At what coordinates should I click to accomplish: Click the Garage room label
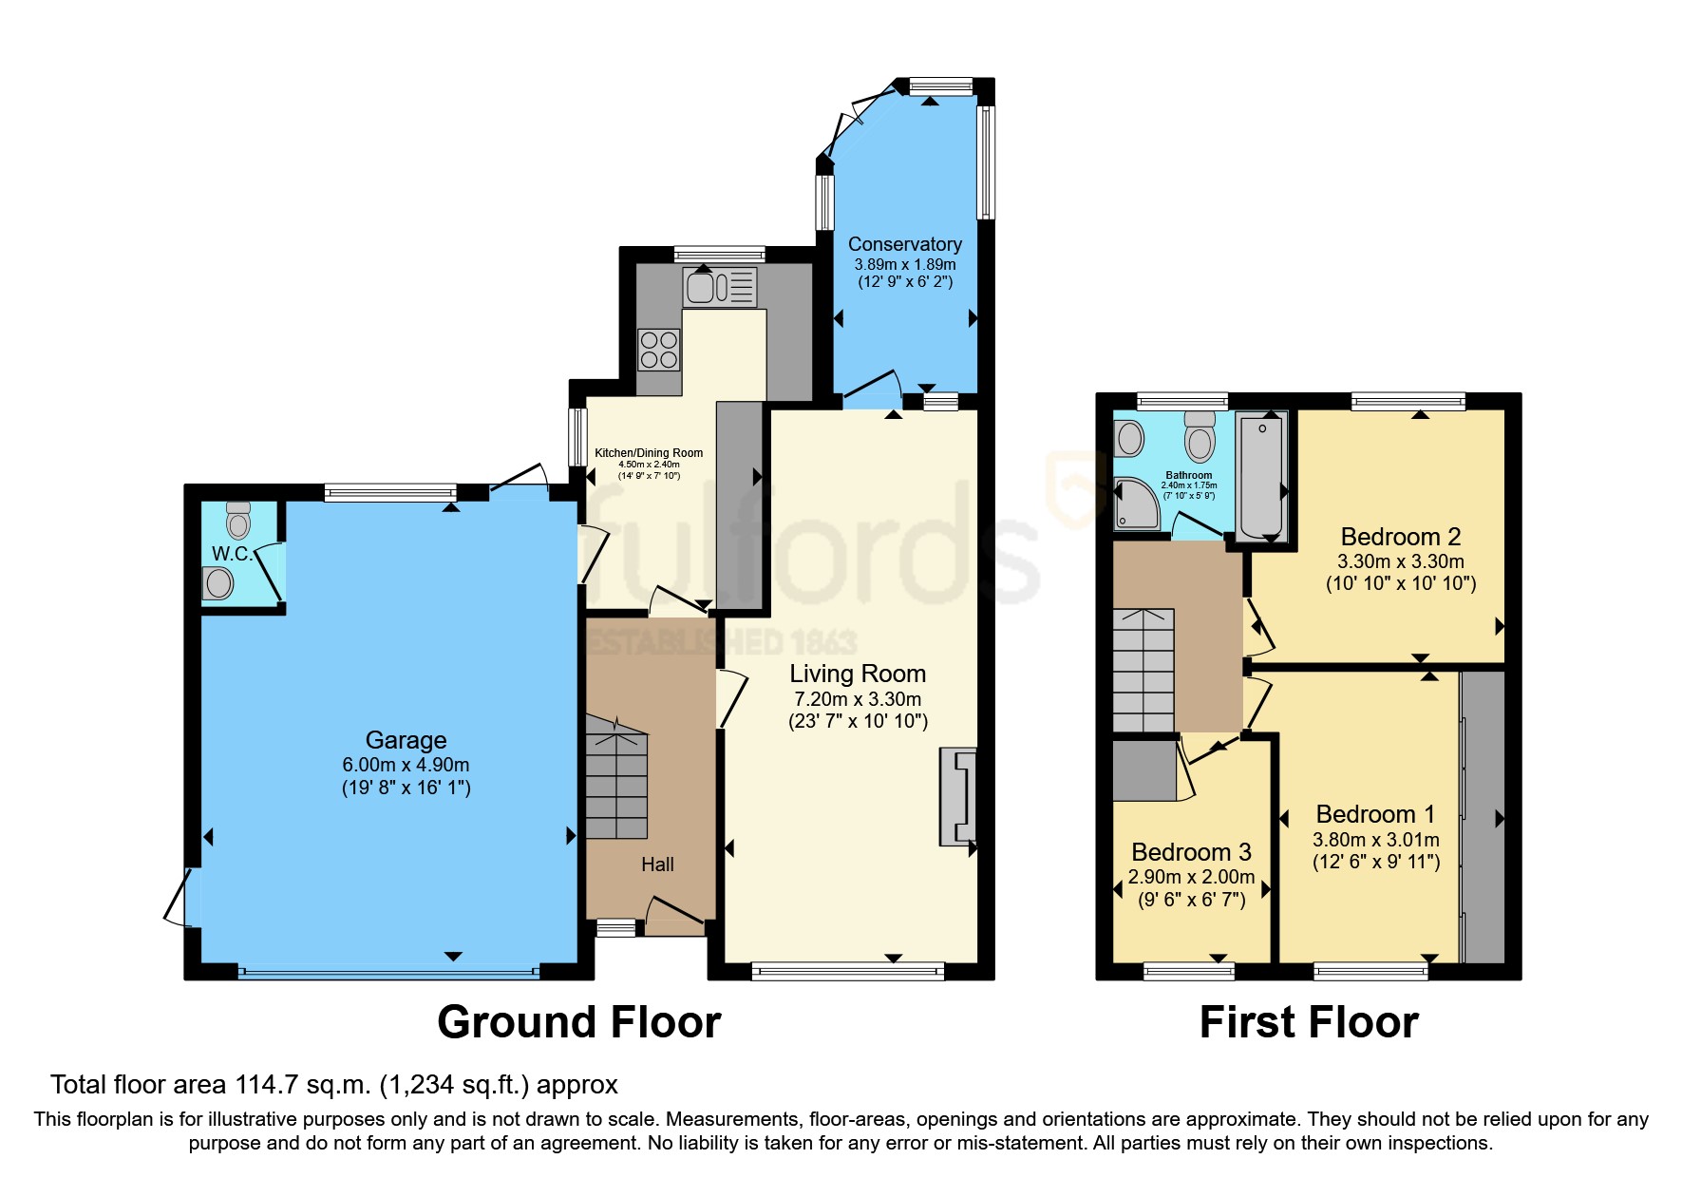click(406, 740)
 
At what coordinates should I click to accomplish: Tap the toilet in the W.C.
click(238, 522)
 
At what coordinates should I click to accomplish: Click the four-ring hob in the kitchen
click(658, 349)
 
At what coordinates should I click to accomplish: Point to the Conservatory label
click(904, 244)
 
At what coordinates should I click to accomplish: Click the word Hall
click(657, 864)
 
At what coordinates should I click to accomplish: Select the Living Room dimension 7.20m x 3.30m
click(858, 699)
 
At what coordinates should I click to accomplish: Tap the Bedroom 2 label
click(1400, 537)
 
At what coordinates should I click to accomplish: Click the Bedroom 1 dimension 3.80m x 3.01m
click(1375, 840)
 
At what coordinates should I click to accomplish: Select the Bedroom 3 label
click(1191, 852)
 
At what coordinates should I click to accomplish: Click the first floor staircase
click(1143, 670)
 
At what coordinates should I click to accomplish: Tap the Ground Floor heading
click(578, 1022)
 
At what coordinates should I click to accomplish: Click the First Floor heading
click(1308, 1022)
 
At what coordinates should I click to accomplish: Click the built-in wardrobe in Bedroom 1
click(1483, 817)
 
